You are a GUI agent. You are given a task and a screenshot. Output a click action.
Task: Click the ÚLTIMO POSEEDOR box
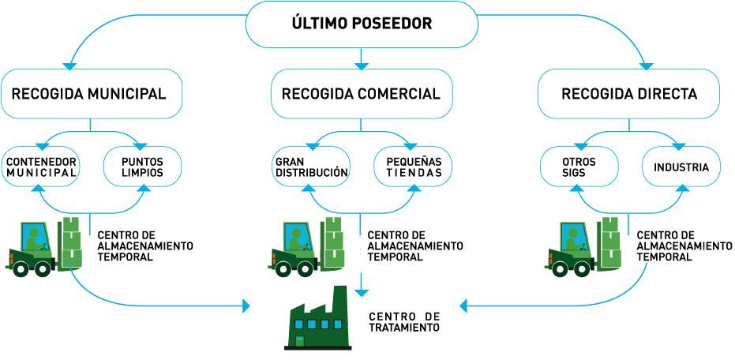click(362, 24)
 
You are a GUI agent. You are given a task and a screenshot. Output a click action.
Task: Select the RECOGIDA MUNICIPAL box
click(89, 94)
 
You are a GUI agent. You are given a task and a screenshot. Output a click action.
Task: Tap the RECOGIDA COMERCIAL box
click(361, 94)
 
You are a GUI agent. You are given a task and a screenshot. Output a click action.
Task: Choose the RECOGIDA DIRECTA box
click(629, 94)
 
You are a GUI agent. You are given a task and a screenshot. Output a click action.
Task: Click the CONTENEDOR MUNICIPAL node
click(42, 167)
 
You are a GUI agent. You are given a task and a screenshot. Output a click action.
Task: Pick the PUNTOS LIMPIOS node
click(143, 167)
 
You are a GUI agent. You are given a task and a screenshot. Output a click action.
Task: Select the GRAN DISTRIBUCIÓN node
click(311, 167)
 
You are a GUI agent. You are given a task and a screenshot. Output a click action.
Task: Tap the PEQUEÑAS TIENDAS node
click(409, 167)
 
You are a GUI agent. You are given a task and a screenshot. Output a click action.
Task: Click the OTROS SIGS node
click(580, 167)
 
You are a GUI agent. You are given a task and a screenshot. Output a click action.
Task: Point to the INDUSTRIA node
click(681, 167)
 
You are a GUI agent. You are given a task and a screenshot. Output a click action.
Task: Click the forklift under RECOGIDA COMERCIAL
click(307, 245)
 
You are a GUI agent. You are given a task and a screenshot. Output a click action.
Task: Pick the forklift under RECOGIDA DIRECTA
click(583, 245)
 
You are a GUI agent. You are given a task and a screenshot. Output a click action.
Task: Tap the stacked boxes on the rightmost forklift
click(609, 240)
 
